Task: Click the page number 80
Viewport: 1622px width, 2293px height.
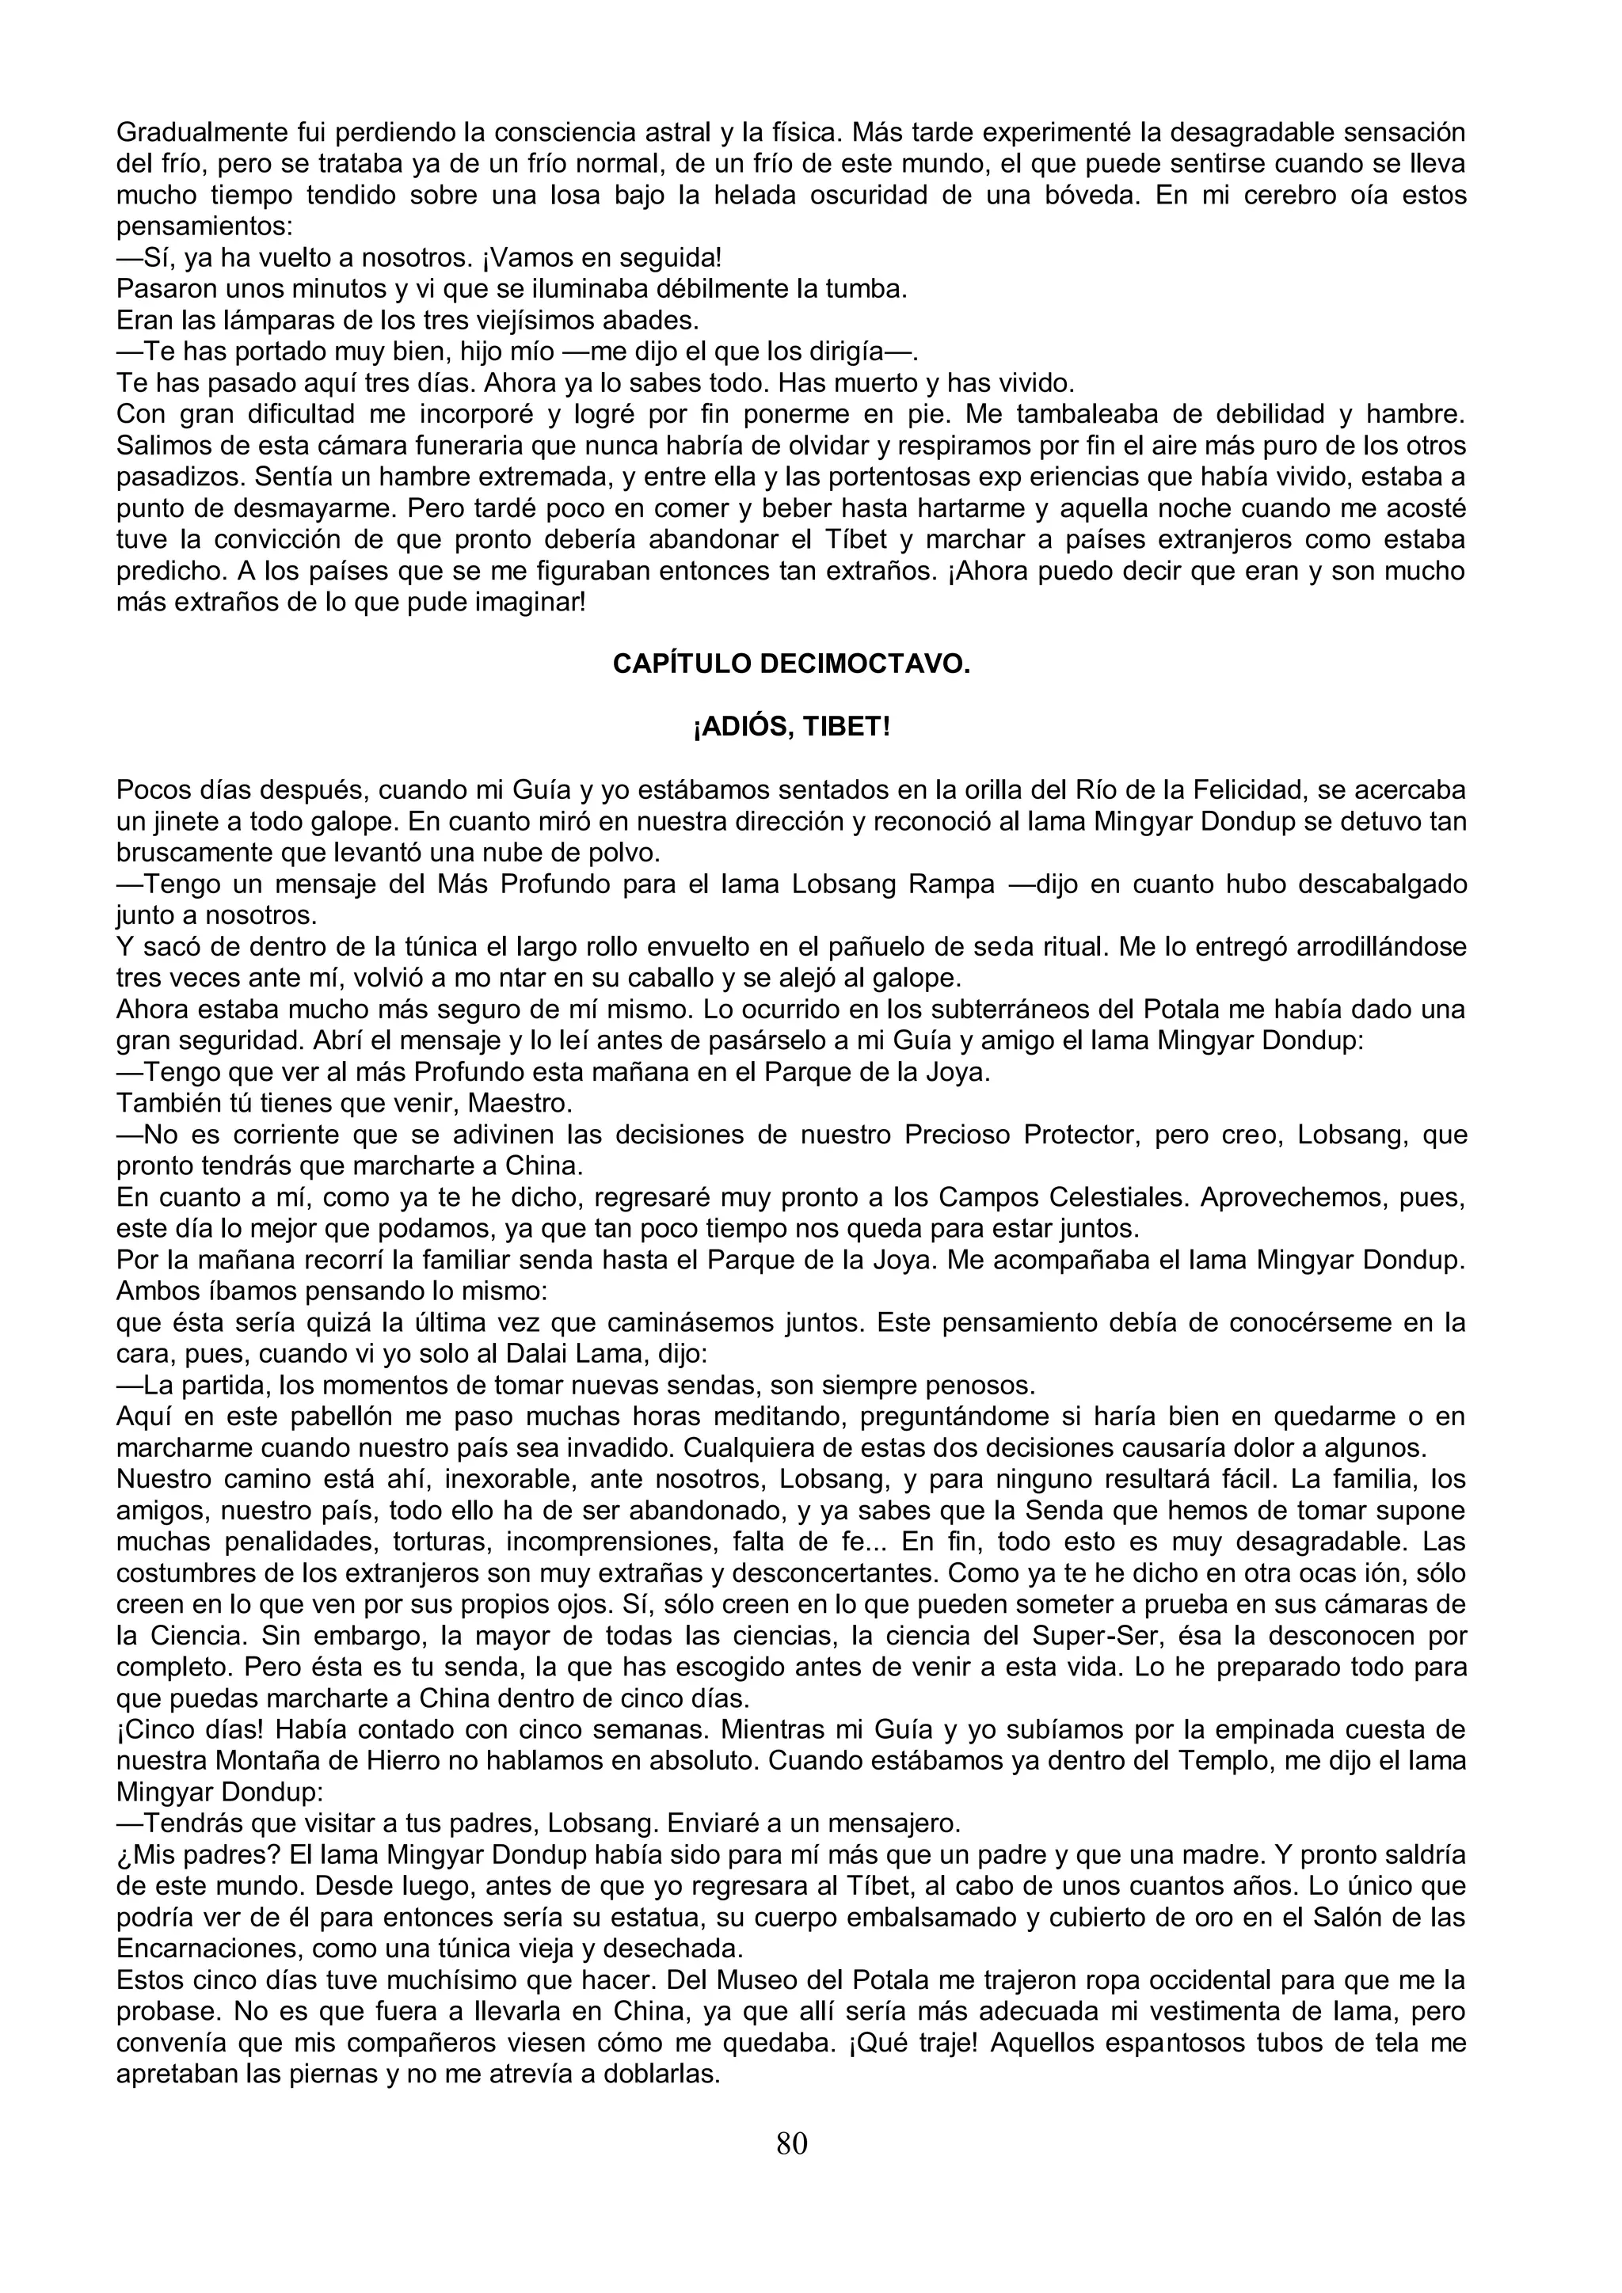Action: (791, 2143)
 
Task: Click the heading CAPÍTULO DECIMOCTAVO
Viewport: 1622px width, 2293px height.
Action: (791, 664)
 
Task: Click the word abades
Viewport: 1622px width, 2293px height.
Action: (657, 321)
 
